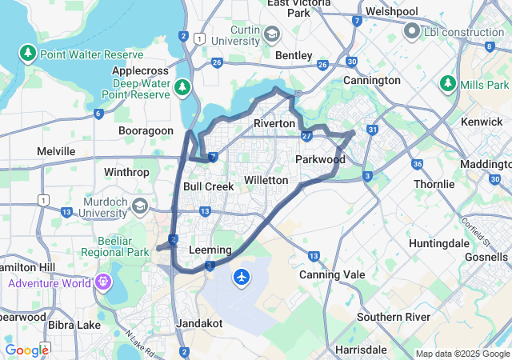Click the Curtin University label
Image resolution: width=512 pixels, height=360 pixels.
tap(232, 35)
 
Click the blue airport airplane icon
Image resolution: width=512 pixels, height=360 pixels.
tap(242, 277)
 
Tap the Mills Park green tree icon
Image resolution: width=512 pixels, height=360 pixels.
tap(446, 84)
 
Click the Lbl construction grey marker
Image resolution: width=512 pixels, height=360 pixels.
tap(413, 31)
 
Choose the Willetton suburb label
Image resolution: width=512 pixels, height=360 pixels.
tap(266, 180)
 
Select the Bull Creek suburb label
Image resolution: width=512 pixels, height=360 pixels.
tap(208, 186)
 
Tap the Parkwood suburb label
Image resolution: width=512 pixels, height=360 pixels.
tap(320, 159)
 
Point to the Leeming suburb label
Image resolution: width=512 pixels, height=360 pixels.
tap(210, 250)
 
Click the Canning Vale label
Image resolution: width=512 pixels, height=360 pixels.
tap(326, 274)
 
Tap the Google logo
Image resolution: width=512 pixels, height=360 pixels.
tap(27, 350)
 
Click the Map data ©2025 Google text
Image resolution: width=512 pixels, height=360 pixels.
tap(462, 354)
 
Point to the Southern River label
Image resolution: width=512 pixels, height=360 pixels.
tap(389, 317)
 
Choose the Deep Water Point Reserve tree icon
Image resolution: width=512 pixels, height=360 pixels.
tap(183, 86)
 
